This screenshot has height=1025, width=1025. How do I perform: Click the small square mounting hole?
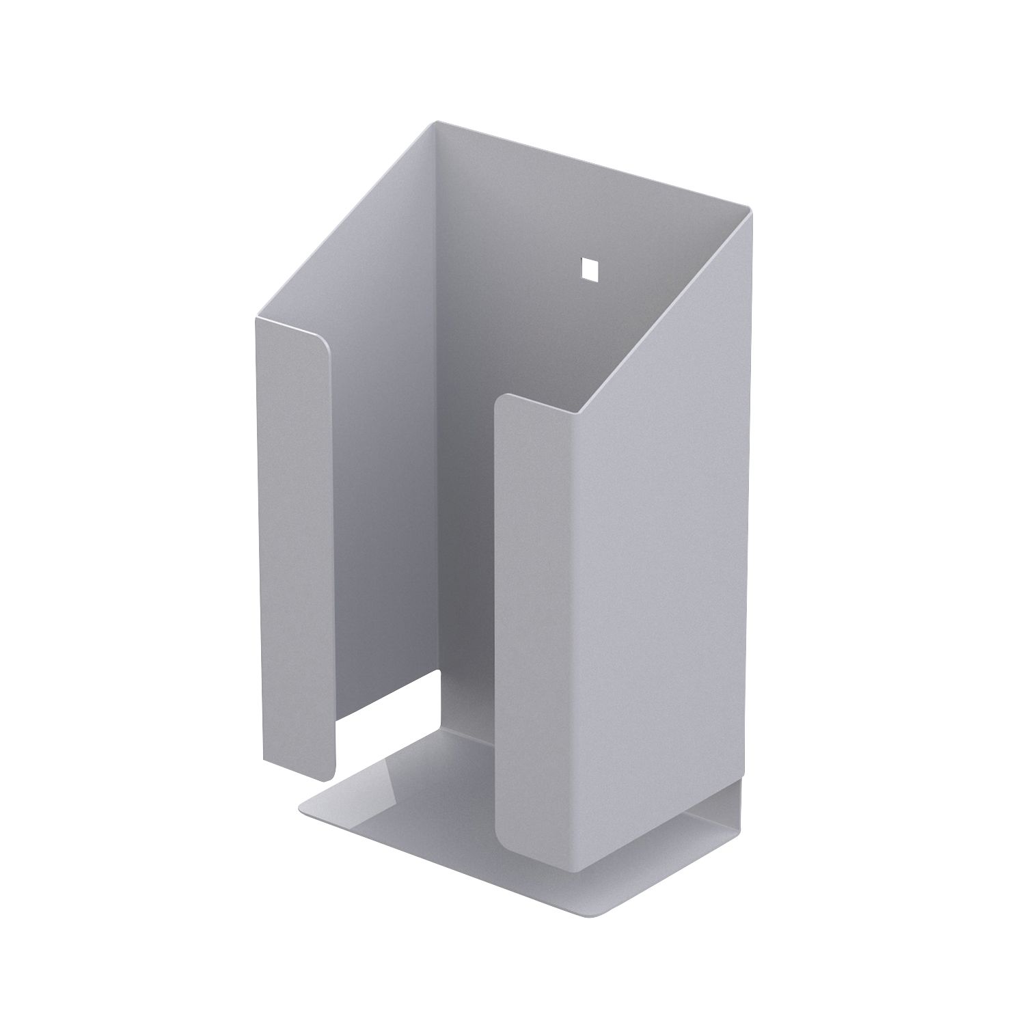[x=587, y=269]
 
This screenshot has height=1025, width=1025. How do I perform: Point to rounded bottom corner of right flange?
[x=506, y=840]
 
